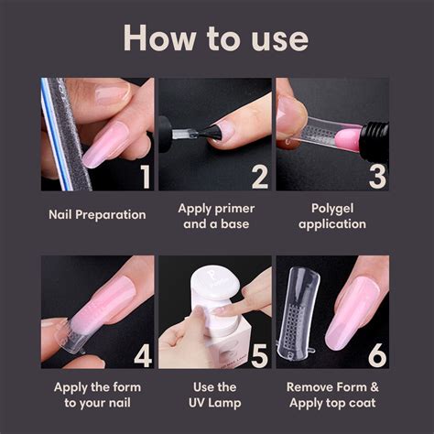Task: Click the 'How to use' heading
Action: click(216, 38)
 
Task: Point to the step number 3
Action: click(375, 174)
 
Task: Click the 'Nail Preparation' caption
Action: click(97, 215)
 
